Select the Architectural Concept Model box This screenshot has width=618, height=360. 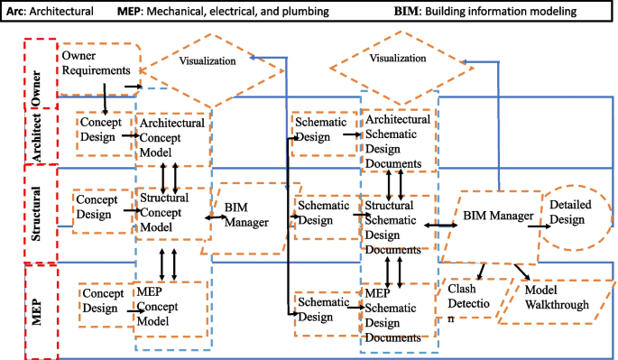171,134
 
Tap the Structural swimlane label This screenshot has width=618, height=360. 38,211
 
